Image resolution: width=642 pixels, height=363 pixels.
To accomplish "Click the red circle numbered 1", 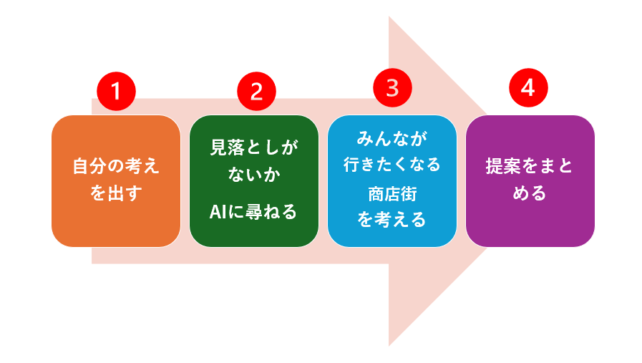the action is point(116,92).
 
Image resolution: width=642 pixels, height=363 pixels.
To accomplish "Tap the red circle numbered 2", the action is point(256,92).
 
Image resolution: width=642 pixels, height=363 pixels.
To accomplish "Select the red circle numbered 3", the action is point(392,87).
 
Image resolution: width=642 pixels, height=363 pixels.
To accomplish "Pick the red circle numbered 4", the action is point(528,87).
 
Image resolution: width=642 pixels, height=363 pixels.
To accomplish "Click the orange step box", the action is point(116,181).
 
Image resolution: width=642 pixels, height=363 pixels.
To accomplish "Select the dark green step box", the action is point(254,181).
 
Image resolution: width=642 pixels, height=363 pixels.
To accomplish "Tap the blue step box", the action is point(392,181).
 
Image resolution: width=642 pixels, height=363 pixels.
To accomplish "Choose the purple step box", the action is point(530,181).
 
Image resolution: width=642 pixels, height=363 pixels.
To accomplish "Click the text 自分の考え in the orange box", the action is point(116,166).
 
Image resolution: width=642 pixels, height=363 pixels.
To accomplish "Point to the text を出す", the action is point(116,193).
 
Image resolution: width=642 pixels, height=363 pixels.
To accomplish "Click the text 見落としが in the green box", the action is point(254,147).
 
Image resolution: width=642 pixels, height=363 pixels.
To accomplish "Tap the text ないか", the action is point(254,175).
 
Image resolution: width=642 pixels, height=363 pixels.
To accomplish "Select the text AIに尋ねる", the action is point(253,212).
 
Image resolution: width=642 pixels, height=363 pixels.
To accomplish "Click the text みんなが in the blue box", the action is point(392,138).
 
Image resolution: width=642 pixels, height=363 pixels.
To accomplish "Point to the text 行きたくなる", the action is point(392,164).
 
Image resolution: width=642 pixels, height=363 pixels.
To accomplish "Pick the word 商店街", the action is point(392,194).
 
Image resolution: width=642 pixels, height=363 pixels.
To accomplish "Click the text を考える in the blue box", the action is point(391,220).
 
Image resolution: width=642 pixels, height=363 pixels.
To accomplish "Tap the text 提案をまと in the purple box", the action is point(530,166).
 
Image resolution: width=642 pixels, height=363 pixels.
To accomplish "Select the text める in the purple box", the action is point(530,193).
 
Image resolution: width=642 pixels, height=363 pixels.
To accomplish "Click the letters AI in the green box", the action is point(218,212).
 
